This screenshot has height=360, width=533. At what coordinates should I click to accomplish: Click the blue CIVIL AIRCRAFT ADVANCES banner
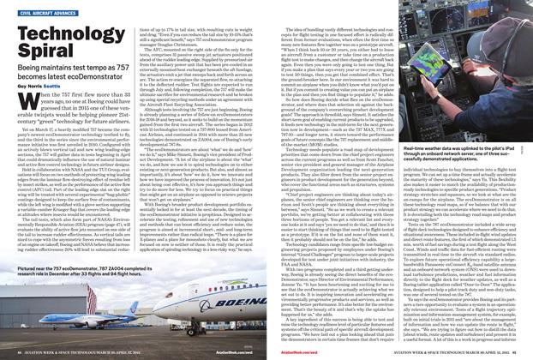[x=49, y=13]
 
